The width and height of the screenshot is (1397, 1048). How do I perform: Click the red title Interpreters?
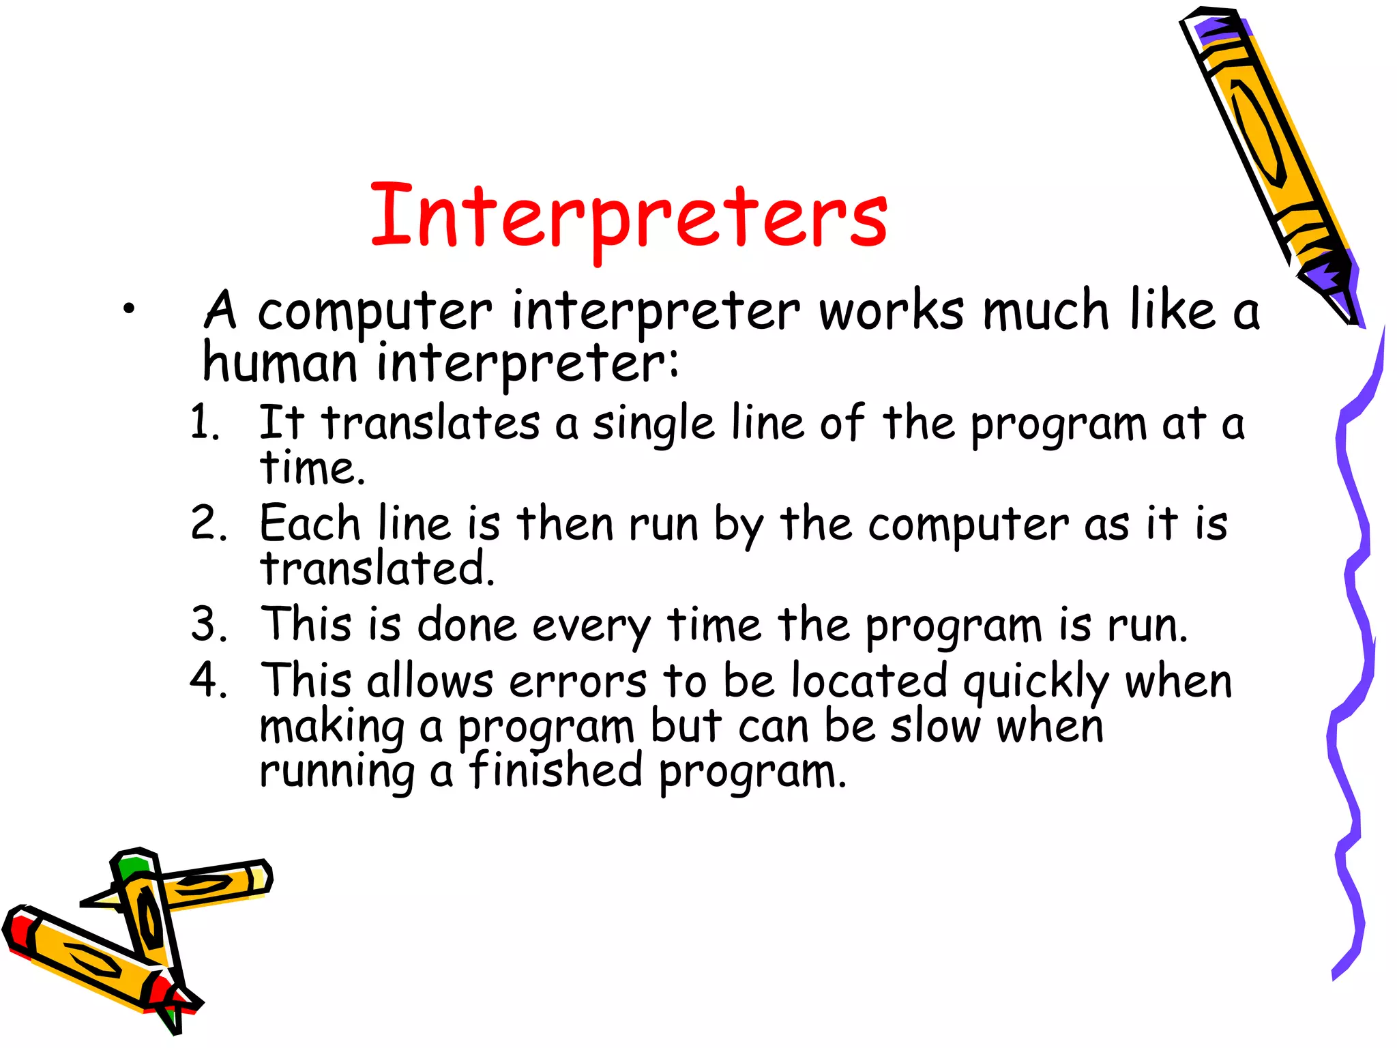click(628, 217)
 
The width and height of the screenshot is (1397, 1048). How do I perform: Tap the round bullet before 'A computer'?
click(129, 310)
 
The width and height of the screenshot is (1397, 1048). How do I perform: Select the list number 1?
click(204, 422)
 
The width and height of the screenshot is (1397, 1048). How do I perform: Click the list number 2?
click(208, 524)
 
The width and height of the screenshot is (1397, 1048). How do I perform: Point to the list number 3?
click(209, 624)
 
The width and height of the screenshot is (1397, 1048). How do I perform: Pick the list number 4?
click(208, 680)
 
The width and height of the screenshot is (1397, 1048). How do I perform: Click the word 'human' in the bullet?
click(280, 362)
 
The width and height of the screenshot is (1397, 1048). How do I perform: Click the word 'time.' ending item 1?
click(312, 469)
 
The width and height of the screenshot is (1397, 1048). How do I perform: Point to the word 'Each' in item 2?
click(310, 524)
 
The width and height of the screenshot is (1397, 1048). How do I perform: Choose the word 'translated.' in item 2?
click(377, 568)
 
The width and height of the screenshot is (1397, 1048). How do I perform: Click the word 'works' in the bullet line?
click(892, 311)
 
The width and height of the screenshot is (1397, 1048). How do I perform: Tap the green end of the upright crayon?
click(133, 866)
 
